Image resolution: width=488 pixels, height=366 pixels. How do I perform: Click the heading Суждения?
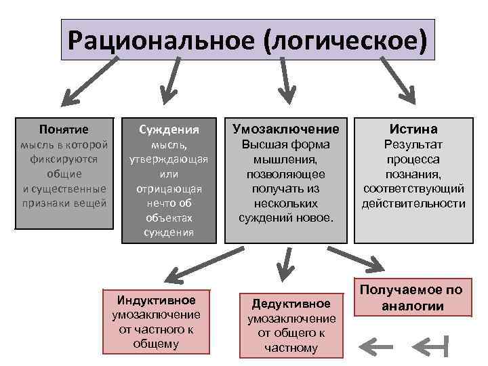[169, 129]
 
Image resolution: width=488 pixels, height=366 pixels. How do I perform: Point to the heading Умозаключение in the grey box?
[285, 129]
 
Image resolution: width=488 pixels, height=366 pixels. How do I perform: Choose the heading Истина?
[413, 129]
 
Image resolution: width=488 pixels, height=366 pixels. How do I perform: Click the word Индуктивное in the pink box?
[156, 300]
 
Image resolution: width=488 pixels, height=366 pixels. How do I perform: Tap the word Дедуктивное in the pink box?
[291, 304]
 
